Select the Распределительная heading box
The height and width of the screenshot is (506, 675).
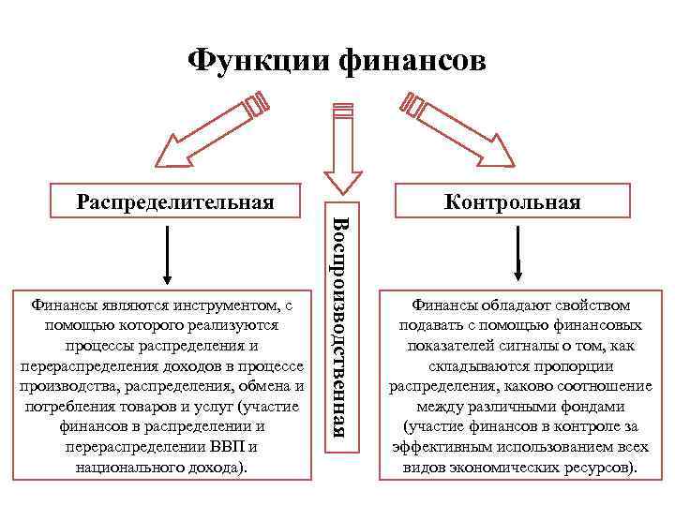coord(175,201)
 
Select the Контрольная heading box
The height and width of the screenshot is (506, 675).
coord(512,201)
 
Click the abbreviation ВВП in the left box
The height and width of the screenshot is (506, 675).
coord(237,446)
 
